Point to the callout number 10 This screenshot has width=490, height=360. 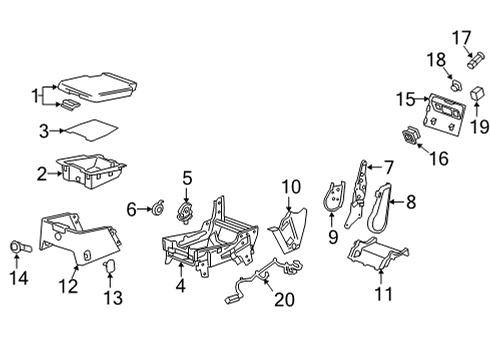coord(291,186)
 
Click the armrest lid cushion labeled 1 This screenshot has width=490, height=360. coord(98,83)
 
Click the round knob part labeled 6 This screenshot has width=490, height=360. coord(154,209)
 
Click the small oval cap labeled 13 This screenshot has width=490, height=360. coord(110,265)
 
